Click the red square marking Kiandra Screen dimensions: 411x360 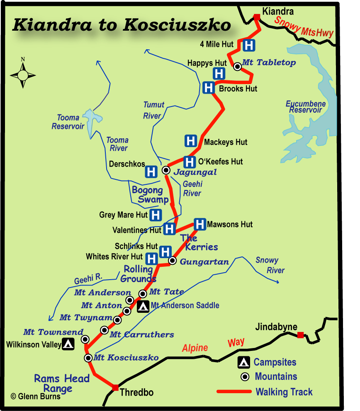(x=257, y=17)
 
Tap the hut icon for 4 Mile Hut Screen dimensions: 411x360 (x=249, y=45)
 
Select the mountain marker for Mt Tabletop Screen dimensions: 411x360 (x=237, y=66)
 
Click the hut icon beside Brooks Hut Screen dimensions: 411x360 (x=209, y=88)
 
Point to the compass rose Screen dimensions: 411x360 (x=23, y=75)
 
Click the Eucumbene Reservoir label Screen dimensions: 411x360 (x=305, y=107)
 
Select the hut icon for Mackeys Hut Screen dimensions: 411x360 (x=190, y=141)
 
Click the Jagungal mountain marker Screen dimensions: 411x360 (x=166, y=170)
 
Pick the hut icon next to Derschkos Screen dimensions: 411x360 (x=151, y=171)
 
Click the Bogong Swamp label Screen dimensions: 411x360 (x=148, y=195)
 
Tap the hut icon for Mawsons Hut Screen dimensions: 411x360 (x=200, y=224)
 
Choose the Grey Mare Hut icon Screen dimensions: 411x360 (x=156, y=215)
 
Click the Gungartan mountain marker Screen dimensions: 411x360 (x=173, y=261)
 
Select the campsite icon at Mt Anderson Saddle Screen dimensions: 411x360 (x=144, y=307)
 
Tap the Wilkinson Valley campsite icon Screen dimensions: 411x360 (x=68, y=344)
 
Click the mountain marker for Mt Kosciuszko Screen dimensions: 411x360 (x=88, y=358)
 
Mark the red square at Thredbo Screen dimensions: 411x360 (x=115, y=387)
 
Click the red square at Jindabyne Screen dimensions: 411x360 (x=301, y=335)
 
